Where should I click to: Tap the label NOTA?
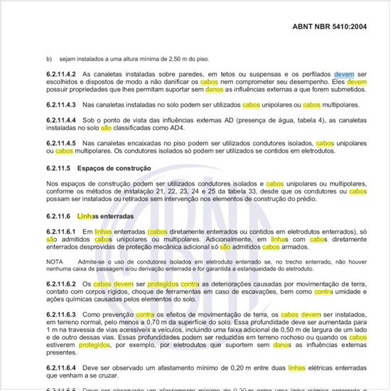(54, 262)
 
